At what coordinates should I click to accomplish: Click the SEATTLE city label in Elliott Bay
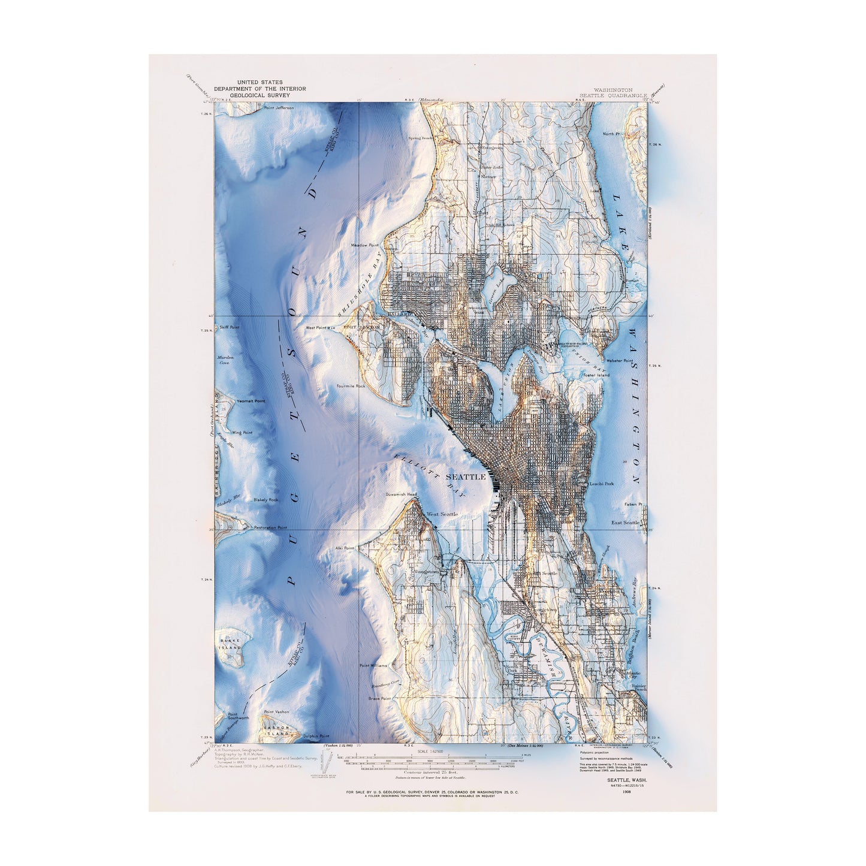point(466,476)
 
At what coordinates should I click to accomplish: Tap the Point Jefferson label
point(279,108)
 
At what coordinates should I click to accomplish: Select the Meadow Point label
point(366,245)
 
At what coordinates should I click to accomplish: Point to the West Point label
point(316,328)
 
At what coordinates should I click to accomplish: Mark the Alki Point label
point(345,548)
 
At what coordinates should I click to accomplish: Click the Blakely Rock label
point(265,499)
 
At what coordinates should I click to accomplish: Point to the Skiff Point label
point(230,327)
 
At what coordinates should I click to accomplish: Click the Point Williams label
point(373,666)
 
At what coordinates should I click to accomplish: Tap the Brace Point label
point(379,698)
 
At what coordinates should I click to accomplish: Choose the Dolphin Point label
point(316,736)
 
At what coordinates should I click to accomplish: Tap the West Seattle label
point(442,514)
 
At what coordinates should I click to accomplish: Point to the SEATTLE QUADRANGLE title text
point(612,95)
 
